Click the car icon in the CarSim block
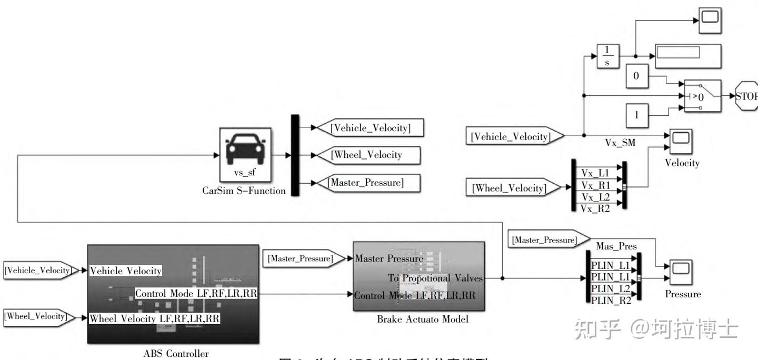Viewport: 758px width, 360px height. coord(245,149)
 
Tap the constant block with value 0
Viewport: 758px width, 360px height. coord(636,76)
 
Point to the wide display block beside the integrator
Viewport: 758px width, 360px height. coord(688,55)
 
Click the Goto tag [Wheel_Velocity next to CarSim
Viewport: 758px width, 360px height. coord(367,155)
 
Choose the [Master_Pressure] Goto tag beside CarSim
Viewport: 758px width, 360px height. coord(367,183)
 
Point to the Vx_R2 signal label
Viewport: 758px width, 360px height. coord(595,208)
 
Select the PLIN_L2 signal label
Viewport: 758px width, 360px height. coord(611,289)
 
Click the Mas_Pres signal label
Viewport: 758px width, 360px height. coord(616,246)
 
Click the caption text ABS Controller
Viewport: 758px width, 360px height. coord(176,354)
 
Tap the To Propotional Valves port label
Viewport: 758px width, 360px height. coord(435,278)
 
